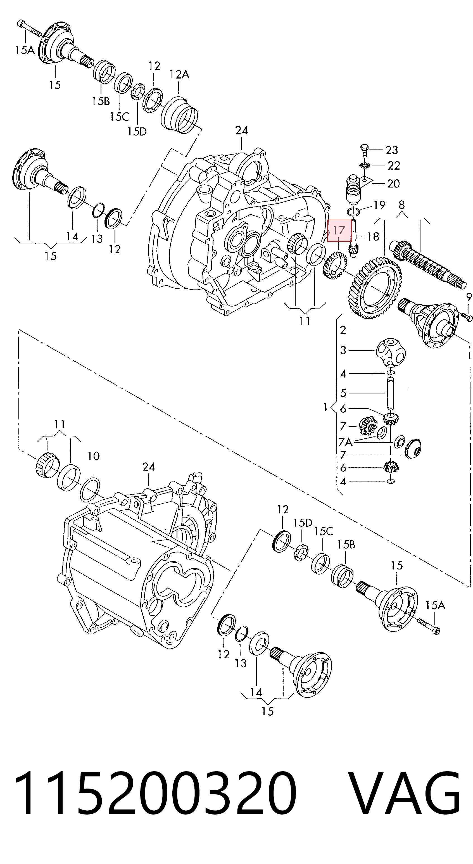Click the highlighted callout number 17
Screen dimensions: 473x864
point(339,231)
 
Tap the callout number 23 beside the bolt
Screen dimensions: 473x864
point(391,150)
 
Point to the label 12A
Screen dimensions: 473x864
point(179,74)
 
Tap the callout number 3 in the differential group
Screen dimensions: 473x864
point(343,350)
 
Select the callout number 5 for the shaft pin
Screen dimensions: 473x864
point(343,393)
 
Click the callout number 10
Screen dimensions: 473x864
point(94,456)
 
